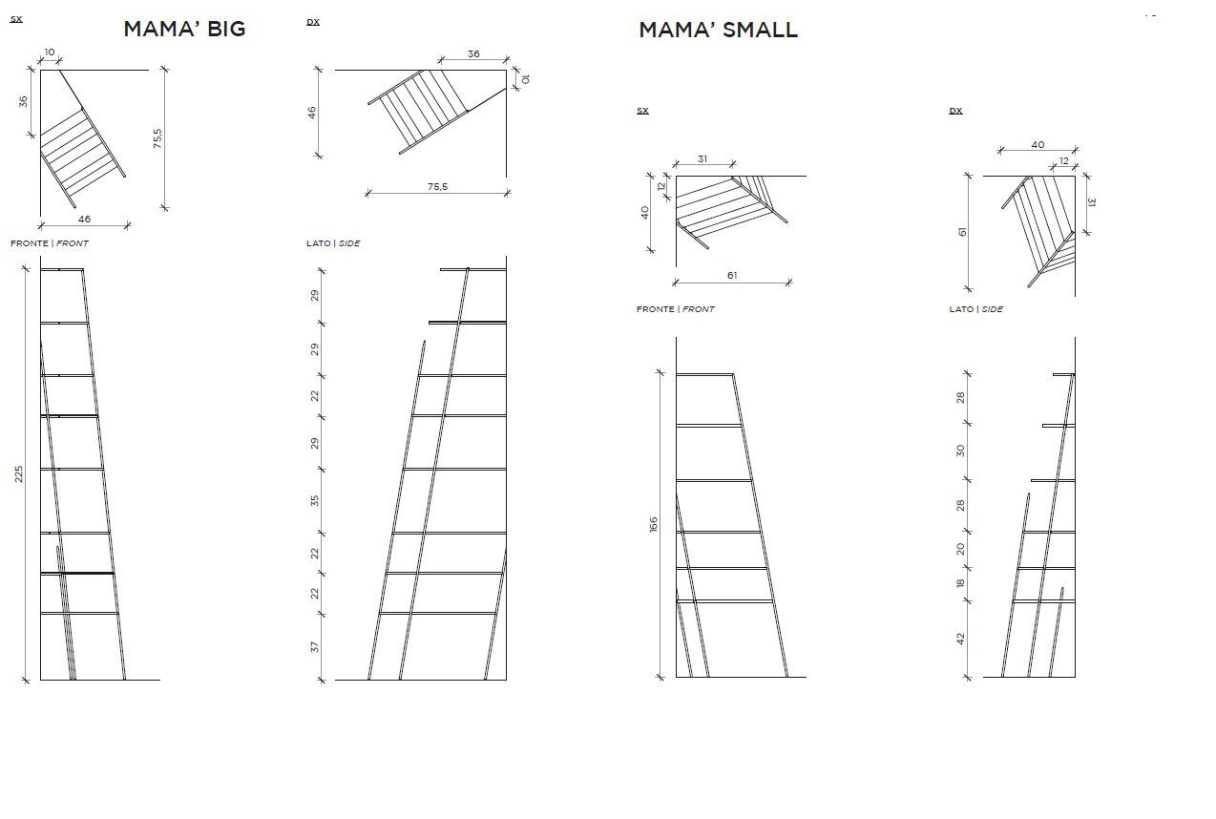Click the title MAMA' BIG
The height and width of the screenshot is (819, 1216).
point(184,29)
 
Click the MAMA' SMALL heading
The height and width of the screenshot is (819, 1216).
point(718,30)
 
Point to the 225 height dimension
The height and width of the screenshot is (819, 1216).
point(19,473)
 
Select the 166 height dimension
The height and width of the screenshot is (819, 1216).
point(653,524)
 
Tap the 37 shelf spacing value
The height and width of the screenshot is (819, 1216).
point(315,647)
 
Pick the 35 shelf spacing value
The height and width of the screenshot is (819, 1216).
point(315,500)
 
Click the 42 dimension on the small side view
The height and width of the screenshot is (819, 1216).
point(960,639)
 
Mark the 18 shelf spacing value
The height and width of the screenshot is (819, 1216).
point(960,583)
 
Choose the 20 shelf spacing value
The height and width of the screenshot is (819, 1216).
point(960,549)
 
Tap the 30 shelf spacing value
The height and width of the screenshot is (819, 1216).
point(960,451)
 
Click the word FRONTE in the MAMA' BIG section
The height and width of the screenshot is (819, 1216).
point(30,243)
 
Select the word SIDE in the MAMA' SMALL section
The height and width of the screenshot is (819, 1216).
point(993,309)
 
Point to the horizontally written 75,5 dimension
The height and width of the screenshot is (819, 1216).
point(437,187)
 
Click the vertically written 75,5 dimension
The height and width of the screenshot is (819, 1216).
point(157,138)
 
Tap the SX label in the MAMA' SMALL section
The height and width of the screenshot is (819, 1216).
point(642,111)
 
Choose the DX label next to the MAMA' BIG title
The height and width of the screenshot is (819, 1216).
point(313,22)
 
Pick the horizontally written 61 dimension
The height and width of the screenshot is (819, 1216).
point(732,275)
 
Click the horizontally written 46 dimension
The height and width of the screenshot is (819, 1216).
point(84,220)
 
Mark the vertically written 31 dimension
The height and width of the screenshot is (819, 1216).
point(1092,202)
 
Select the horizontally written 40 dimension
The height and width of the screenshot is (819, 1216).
point(1038,145)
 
